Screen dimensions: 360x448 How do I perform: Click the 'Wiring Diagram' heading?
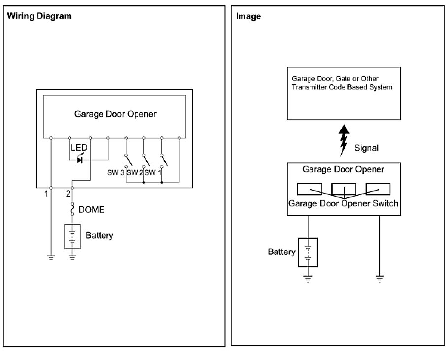[39, 16]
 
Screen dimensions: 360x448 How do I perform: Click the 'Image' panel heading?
[248, 16]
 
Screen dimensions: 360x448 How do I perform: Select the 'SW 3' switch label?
[116, 172]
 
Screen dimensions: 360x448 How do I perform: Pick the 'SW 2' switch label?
[135, 172]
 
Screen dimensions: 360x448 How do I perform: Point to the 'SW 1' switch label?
[153, 172]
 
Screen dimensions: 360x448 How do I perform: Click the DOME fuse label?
[92, 210]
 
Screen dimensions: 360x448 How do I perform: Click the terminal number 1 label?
[46, 193]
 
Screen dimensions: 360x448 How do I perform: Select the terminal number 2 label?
[68, 193]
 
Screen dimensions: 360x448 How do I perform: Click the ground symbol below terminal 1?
[51, 257]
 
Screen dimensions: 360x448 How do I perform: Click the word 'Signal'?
[366, 147]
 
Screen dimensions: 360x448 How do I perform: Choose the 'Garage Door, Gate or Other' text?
[335, 79]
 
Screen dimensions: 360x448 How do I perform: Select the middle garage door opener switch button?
[344, 189]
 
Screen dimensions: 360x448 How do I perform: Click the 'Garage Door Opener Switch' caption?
[343, 203]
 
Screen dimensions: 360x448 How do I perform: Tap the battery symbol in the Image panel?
[308, 252]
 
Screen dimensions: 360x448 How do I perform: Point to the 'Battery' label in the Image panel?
[281, 252]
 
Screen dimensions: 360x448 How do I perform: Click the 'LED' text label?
[79, 148]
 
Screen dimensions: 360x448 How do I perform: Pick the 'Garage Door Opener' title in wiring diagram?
[115, 114]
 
